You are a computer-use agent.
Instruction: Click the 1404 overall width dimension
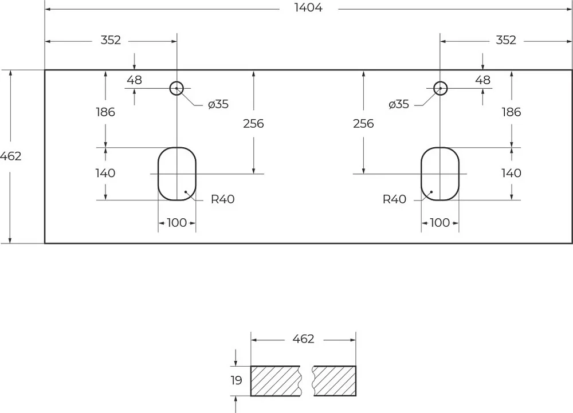coord(308,7)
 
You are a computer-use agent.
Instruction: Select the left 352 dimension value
coord(111,40)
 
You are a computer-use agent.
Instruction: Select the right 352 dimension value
coord(506,40)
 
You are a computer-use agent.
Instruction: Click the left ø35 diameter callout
coord(218,104)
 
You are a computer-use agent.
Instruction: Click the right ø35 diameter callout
coord(399,104)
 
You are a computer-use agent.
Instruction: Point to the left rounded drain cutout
coord(158,174)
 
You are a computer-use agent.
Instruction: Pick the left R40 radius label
coord(222,199)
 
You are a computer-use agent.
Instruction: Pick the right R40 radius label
coord(394,199)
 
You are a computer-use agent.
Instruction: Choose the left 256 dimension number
coord(253,124)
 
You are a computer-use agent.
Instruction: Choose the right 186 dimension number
coord(511,112)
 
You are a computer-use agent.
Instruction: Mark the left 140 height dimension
coord(105,173)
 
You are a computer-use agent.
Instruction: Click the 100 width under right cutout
coord(439,223)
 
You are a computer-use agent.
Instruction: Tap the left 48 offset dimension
coord(135,80)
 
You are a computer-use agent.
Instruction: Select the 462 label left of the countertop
coord(10,156)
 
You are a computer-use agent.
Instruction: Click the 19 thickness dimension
coord(237,380)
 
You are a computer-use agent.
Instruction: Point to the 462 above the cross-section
coord(303,339)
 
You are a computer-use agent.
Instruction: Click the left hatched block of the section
coord(275,381)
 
